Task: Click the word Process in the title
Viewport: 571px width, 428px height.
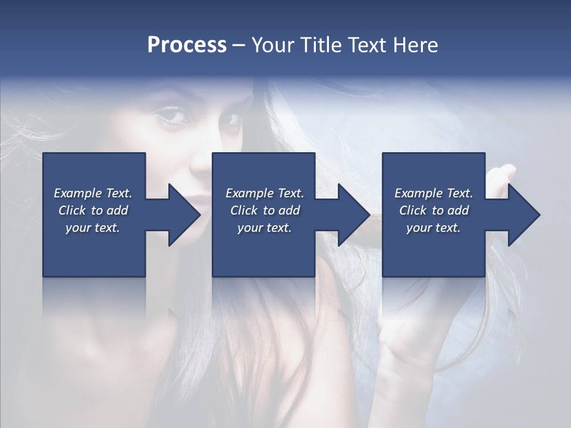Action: [x=187, y=45]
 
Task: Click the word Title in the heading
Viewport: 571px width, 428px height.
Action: [x=318, y=45]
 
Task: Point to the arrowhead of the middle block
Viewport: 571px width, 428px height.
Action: [x=353, y=215]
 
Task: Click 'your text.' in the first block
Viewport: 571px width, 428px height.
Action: [x=93, y=228]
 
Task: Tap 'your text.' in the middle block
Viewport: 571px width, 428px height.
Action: [x=265, y=228]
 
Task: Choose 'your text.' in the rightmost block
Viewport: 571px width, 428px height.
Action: [x=434, y=228]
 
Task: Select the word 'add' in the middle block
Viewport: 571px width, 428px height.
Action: [x=289, y=210]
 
